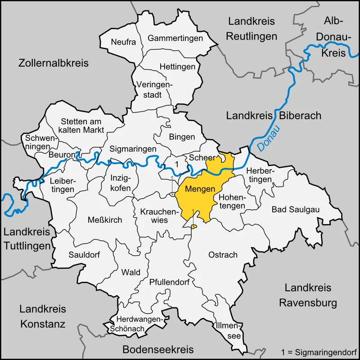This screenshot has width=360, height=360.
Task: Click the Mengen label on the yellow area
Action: pos(200,189)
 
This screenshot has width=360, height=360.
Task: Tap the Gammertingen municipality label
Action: pos(175,38)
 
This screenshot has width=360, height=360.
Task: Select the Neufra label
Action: pos(123,42)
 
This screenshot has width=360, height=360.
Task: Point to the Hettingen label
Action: pos(177,67)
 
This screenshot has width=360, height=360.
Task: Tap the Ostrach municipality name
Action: pos(223,255)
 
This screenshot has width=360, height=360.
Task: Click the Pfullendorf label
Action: pos(169,283)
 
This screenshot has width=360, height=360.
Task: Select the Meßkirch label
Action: pos(104,220)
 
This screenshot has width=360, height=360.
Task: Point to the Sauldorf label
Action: pos(84,254)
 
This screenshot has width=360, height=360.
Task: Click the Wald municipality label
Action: pos(131,272)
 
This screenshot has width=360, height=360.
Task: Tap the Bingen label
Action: pos(182,137)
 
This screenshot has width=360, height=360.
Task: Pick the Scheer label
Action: pos(202,158)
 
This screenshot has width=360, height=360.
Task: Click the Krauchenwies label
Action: pos(154,216)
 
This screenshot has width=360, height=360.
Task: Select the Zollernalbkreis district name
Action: pos(54,63)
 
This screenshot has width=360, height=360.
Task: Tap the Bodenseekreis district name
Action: pos(158,349)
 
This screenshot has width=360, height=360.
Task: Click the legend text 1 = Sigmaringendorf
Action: pos(318,351)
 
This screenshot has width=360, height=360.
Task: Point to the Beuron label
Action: pos(63,155)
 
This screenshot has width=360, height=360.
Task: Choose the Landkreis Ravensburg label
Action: pos(308,295)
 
